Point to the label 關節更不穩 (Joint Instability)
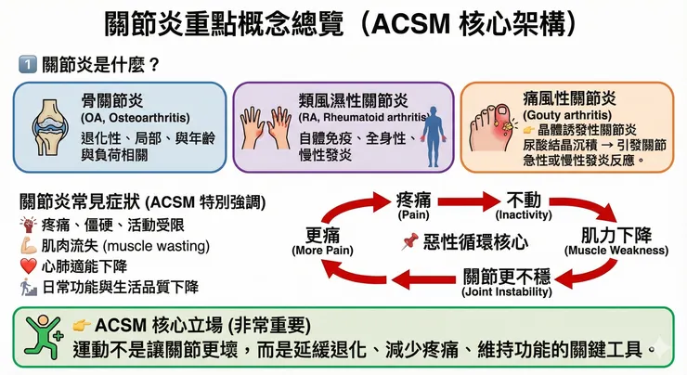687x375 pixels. click(x=501, y=280)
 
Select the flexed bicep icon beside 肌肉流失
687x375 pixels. click(x=28, y=246)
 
